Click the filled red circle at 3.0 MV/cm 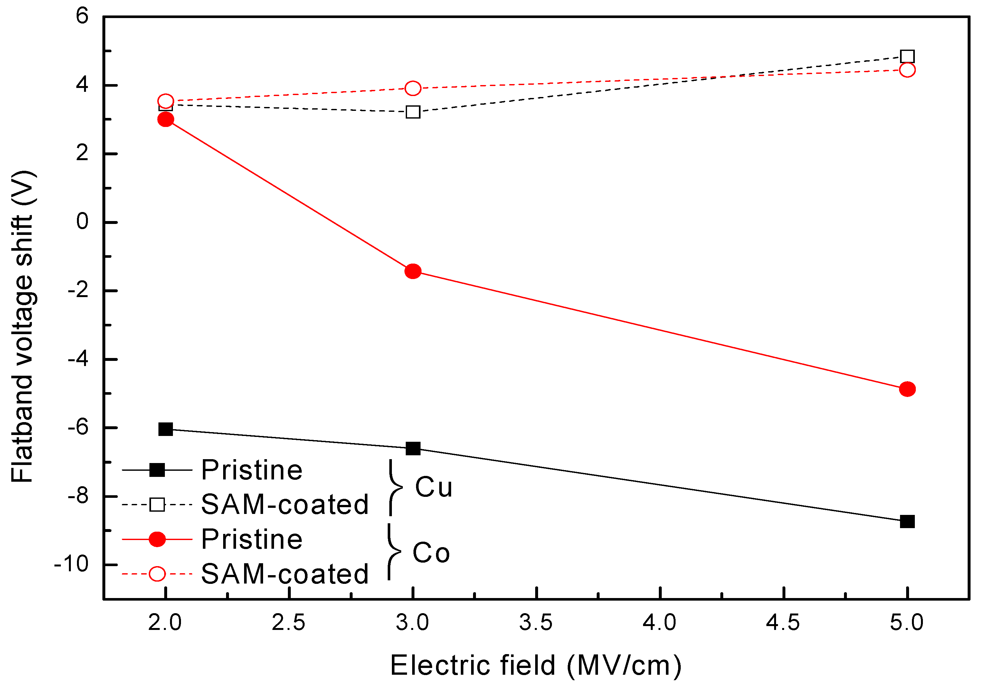pyautogui.click(x=413, y=271)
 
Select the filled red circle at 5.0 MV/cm pyautogui.click(x=907, y=389)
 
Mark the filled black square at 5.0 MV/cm pyautogui.click(x=907, y=521)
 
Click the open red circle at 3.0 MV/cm pyautogui.click(x=413, y=88)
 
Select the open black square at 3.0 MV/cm pyautogui.click(x=413, y=112)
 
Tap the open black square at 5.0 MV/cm pyautogui.click(x=907, y=56)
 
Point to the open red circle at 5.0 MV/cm pyautogui.click(x=907, y=70)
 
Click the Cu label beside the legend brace pyautogui.click(x=434, y=488)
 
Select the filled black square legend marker pyautogui.click(x=157, y=470)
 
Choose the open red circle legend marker pyautogui.click(x=157, y=574)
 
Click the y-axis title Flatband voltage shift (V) pyautogui.click(x=22, y=327)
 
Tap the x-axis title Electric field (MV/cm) pyautogui.click(x=535, y=666)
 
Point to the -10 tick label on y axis pyautogui.click(x=71, y=564)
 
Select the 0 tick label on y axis pyautogui.click(x=82, y=222)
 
